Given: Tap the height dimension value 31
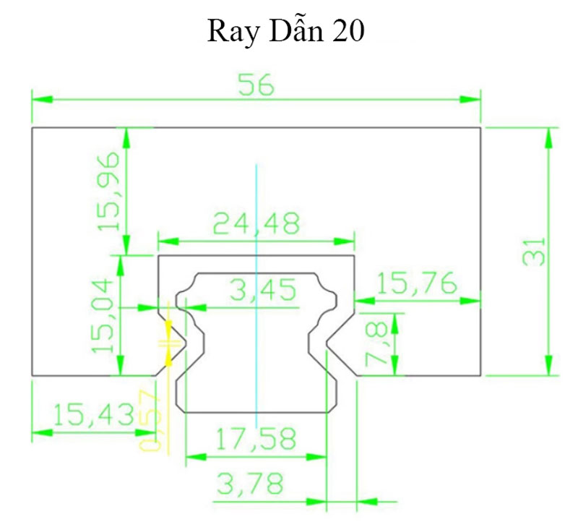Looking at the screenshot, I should tap(535, 251).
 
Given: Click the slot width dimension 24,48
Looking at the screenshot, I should tap(256, 224).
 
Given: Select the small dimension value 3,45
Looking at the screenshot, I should tap(262, 291).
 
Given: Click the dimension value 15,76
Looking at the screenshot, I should tap(417, 283).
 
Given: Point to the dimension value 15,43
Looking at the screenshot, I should tap(93, 415).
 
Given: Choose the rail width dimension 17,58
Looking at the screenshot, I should tap(256, 439).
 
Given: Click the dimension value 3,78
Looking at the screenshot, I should tap(249, 484).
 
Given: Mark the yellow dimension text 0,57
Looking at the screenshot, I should tap(150, 419).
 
